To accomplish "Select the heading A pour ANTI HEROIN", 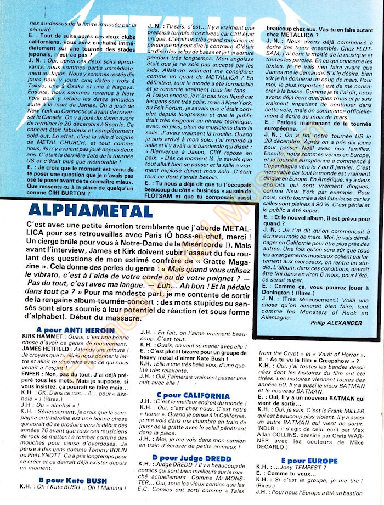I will (75, 330).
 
